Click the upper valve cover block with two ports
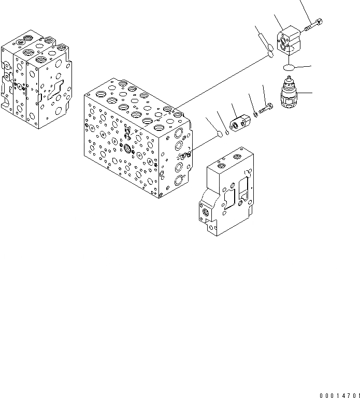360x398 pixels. pos(289,41)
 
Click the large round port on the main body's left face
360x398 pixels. pos(127,150)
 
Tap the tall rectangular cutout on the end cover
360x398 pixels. pos(244,194)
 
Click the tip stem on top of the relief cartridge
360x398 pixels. pos(289,80)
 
